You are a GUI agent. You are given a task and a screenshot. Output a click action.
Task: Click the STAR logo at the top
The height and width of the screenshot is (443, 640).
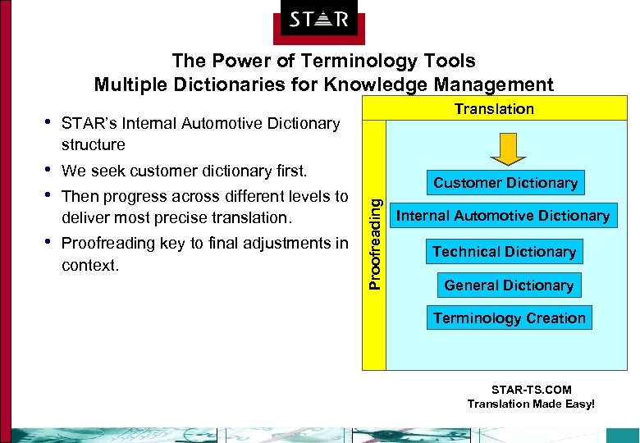click(x=320, y=18)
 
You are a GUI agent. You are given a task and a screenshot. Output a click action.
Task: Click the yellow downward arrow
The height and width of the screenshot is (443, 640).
click(x=491, y=148)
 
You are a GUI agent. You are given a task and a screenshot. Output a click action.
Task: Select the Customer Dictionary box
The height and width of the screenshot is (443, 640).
click(x=505, y=183)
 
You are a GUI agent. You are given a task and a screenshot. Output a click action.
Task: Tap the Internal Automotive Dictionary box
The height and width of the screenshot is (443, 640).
click(x=503, y=216)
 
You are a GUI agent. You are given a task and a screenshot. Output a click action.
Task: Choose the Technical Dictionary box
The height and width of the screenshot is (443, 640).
click(x=505, y=252)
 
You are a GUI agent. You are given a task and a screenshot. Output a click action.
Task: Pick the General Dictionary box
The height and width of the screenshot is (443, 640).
click(x=509, y=285)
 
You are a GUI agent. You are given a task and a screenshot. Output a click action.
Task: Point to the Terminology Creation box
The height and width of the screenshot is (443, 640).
click(x=509, y=318)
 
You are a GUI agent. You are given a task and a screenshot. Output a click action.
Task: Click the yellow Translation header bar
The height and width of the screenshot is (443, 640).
click(x=494, y=109)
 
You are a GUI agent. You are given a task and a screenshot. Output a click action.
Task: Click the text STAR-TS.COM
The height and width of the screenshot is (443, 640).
click(x=531, y=390)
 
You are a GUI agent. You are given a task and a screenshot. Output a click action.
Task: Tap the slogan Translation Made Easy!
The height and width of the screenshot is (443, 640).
click(x=531, y=404)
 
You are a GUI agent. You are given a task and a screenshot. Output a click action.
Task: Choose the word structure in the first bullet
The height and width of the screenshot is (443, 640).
click(x=94, y=145)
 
